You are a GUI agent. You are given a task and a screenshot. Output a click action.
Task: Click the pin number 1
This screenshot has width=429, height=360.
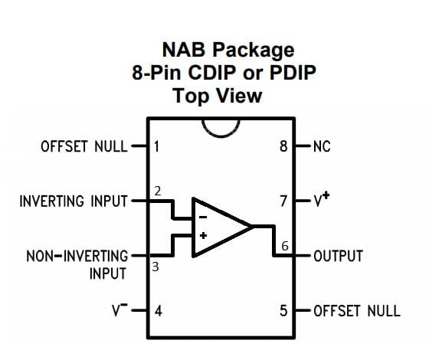coord(156,146)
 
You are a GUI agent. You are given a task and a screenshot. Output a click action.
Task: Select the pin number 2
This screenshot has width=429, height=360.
coord(157,191)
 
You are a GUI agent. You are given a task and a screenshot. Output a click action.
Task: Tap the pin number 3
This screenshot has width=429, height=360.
coord(156,267)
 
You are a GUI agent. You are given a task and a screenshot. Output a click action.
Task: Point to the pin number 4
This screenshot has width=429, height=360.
coord(157,311)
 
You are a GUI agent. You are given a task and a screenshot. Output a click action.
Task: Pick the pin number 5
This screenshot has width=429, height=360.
coord(283,311)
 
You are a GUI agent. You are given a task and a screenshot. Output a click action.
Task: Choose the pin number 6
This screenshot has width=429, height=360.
coord(285,246)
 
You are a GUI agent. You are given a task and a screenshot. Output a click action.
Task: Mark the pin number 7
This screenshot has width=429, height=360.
coord(283,202)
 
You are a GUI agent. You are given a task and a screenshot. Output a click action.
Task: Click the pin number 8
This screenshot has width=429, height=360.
coord(283,146)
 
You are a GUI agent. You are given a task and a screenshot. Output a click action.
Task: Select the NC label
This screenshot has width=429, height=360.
coord(322,146)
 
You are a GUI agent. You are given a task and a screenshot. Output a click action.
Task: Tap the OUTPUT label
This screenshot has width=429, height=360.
coord(338,256)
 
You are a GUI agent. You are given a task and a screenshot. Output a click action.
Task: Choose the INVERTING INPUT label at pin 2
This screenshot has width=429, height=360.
coord(74,202)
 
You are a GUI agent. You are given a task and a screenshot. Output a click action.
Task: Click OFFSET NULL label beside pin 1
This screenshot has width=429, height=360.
coord(84,146)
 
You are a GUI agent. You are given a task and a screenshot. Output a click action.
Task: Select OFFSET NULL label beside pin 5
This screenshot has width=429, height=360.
coord(356,311)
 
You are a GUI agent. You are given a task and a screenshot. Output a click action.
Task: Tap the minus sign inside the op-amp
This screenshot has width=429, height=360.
coord(203,218)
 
